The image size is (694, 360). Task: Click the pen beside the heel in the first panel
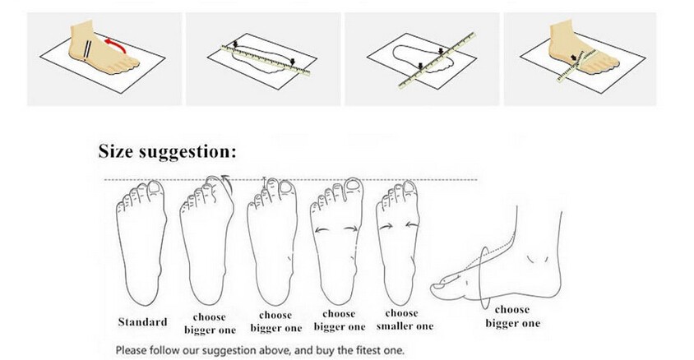click(x=89, y=48)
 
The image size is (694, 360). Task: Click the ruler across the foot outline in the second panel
click(x=265, y=59)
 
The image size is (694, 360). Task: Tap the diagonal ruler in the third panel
click(x=437, y=61)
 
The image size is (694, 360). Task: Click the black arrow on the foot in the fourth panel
click(x=575, y=58)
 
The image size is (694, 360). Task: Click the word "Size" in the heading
click(x=115, y=150)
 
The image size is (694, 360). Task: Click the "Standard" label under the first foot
click(x=142, y=321)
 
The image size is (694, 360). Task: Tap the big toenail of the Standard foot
click(x=155, y=188)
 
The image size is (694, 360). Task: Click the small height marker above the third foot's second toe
click(x=265, y=182)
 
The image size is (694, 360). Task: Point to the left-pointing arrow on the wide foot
click(x=322, y=229)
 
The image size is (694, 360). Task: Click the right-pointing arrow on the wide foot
click(x=351, y=228)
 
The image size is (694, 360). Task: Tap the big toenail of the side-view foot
click(x=441, y=286)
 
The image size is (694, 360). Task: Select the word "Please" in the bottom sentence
click(x=131, y=351)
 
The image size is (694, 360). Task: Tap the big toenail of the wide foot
click(x=353, y=184)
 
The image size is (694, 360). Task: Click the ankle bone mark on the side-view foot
click(x=537, y=259)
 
